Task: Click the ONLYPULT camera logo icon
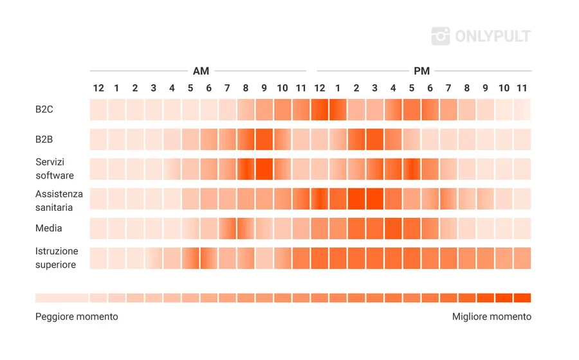441,36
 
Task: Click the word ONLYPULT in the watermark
493,36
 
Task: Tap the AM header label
201,71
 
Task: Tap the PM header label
421,71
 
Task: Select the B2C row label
44,109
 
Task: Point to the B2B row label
44,139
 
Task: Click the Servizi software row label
55,169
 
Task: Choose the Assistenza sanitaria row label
59,200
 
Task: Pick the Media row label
49,228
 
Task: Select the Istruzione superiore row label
57,258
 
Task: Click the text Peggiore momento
77,317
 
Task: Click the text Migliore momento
492,317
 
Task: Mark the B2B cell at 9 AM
264,139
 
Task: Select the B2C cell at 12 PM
320,110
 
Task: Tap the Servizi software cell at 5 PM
412,169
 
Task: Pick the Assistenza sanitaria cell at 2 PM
356,199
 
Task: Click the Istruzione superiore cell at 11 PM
522,258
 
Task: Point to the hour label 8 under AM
246,88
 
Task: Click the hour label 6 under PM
430,88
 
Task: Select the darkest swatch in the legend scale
522,298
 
